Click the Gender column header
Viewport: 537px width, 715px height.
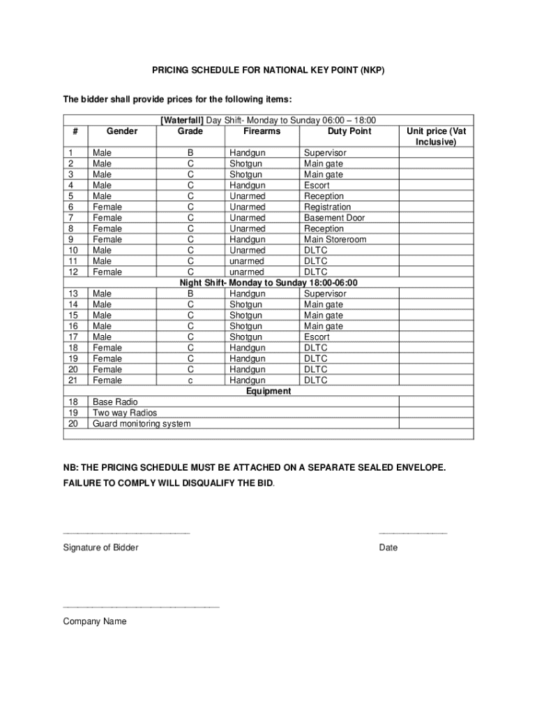pos(122,131)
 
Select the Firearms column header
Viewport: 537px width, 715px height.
pos(262,131)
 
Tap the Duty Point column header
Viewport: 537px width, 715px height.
pos(349,131)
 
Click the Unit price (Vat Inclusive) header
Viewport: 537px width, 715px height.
pos(436,136)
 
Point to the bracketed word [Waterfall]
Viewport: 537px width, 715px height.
pos(182,121)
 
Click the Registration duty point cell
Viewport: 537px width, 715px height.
pos(328,207)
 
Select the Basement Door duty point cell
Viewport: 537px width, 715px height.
pos(334,218)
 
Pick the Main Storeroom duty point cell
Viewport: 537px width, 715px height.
pos(335,239)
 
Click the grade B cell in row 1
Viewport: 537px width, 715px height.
pos(190,153)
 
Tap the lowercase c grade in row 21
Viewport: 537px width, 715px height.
pos(190,381)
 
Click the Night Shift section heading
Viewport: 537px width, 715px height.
pos(268,283)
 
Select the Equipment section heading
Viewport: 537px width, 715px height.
pos(268,391)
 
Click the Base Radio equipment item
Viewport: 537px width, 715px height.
pos(115,402)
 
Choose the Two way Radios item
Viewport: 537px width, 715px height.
pos(125,413)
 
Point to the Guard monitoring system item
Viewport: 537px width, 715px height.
pos(142,424)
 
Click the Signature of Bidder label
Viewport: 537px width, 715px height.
pos(100,547)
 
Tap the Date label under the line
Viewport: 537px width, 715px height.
pos(388,547)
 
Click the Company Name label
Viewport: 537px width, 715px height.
pos(95,621)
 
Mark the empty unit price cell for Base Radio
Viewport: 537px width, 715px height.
pos(436,402)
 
